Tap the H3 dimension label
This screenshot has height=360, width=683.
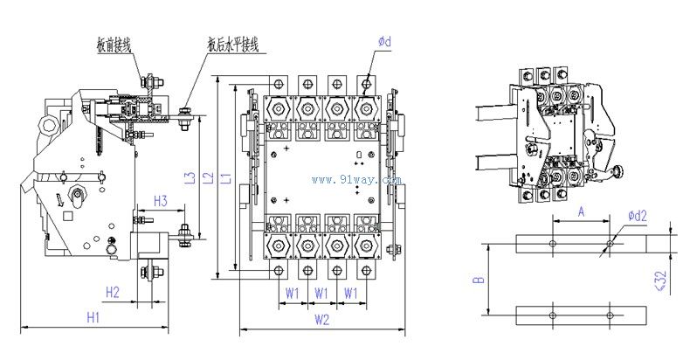(160, 201)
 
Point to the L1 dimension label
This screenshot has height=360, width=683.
(226, 179)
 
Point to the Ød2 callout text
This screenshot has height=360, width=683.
(637, 216)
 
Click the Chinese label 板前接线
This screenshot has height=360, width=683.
(114, 41)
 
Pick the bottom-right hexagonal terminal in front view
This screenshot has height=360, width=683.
(363, 249)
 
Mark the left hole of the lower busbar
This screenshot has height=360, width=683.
(552, 313)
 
